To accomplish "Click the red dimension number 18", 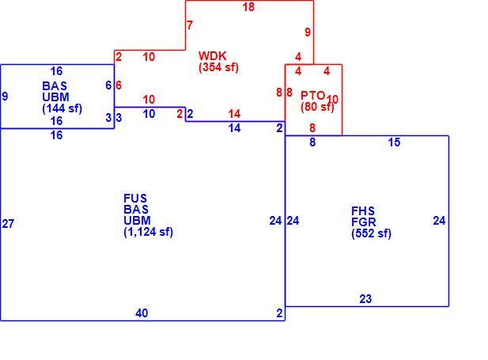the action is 248,7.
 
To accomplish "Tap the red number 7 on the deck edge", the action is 190,25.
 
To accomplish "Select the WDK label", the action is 212,55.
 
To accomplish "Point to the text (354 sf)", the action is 218,67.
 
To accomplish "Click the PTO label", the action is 312,95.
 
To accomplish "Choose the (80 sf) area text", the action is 317,107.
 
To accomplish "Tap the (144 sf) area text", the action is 62,108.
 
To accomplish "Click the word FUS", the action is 135,198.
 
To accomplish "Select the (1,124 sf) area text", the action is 148,232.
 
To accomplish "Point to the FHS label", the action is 363,210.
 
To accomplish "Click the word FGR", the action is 364,222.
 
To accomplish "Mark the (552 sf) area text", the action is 371,233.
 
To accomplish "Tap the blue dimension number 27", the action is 8,224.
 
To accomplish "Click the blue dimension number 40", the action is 142,313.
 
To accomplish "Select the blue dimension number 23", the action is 365,299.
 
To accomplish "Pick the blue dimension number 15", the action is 394,142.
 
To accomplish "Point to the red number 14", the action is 234,114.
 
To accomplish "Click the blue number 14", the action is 234,128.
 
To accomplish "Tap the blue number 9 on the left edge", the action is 5,97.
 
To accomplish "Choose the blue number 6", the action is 108,85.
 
